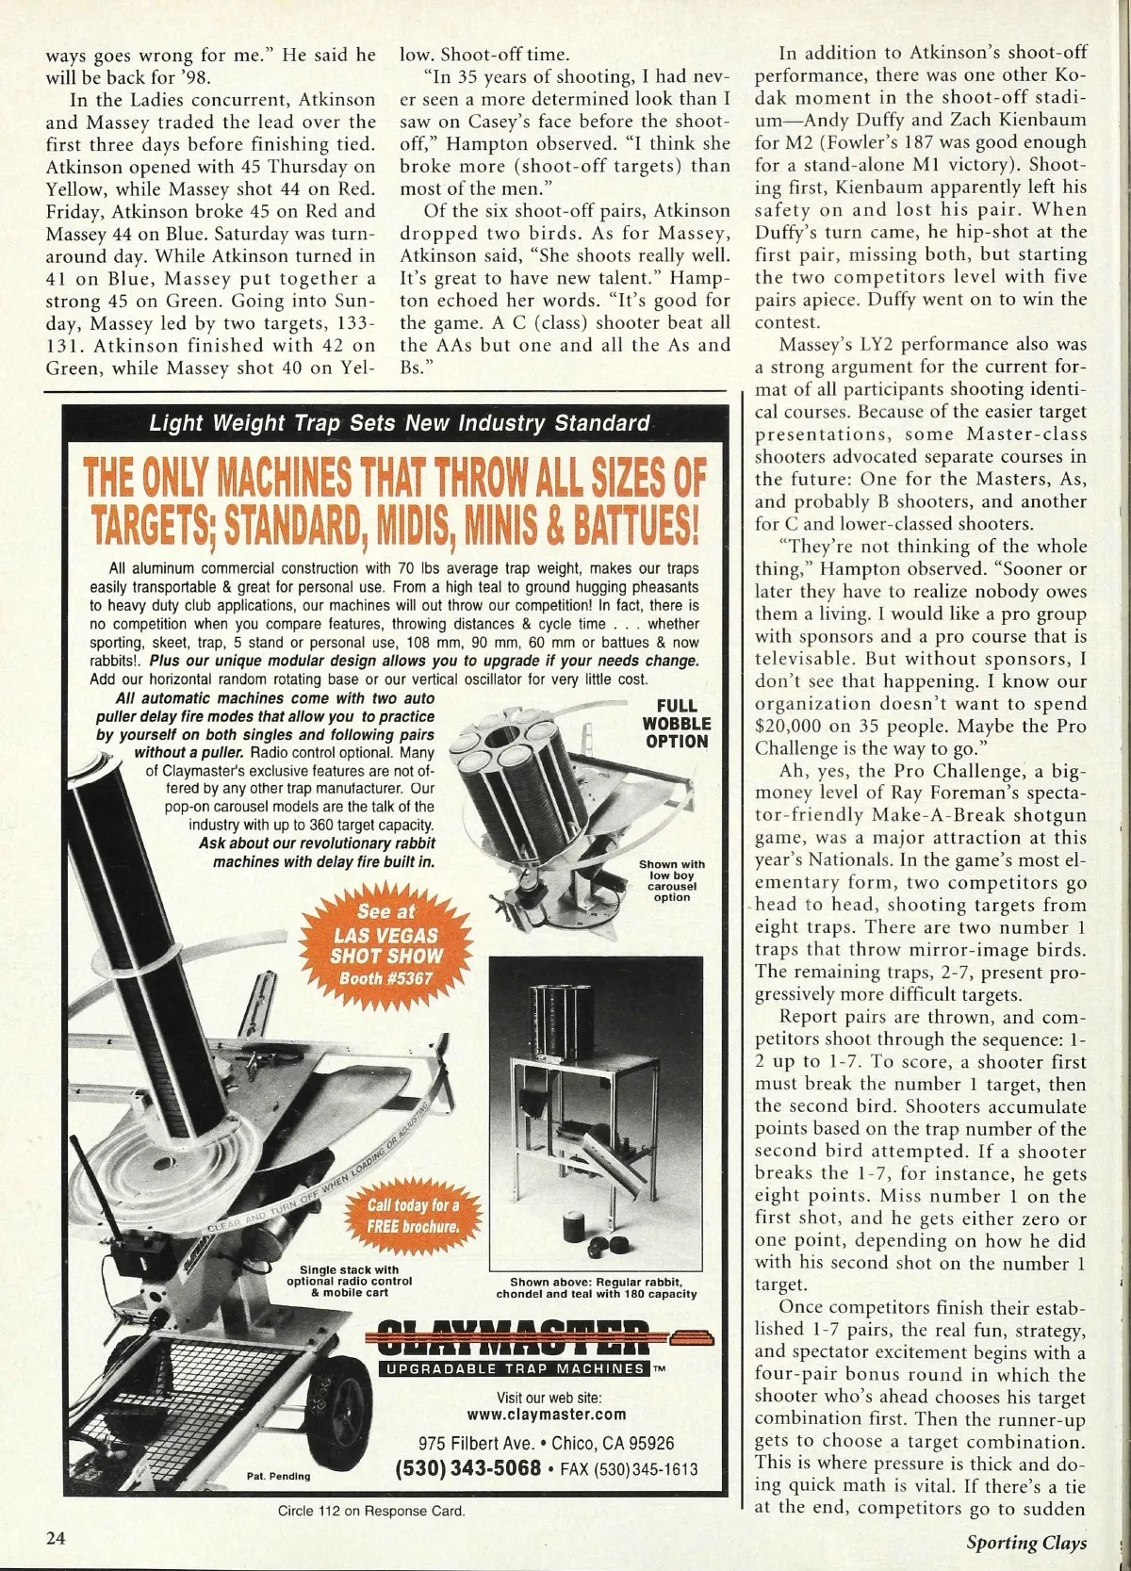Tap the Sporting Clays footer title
(x=1025, y=1542)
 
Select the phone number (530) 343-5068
(x=468, y=1468)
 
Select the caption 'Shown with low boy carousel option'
(x=671, y=880)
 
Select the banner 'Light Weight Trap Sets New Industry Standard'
(x=400, y=422)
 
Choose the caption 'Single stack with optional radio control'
(x=349, y=1281)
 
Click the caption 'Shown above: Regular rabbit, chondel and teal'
(x=603, y=1287)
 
